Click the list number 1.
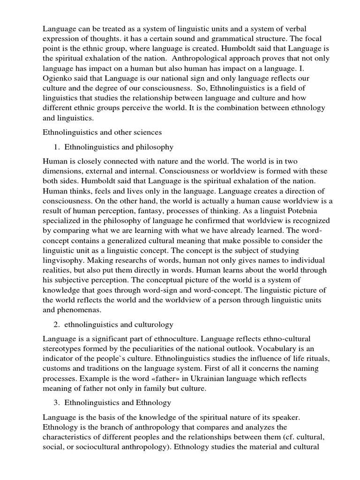coord(55,147)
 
